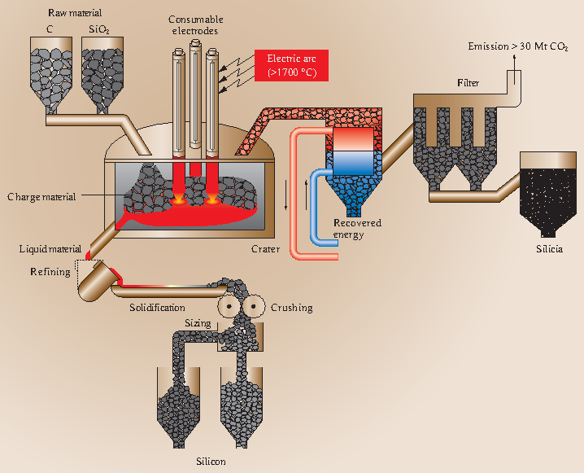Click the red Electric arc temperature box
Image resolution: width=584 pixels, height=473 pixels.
[x=291, y=65]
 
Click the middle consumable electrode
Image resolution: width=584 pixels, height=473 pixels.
[x=195, y=98]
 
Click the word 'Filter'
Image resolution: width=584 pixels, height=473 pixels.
[x=468, y=83]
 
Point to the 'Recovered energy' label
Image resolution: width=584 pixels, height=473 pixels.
[x=357, y=229]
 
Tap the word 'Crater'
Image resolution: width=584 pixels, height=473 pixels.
[x=265, y=248]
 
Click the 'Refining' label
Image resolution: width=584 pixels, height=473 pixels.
[x=50, y=271]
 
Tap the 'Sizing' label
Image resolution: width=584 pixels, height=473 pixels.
[x=197, y=323]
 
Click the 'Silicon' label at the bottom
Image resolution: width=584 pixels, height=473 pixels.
[x=211, y=461]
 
